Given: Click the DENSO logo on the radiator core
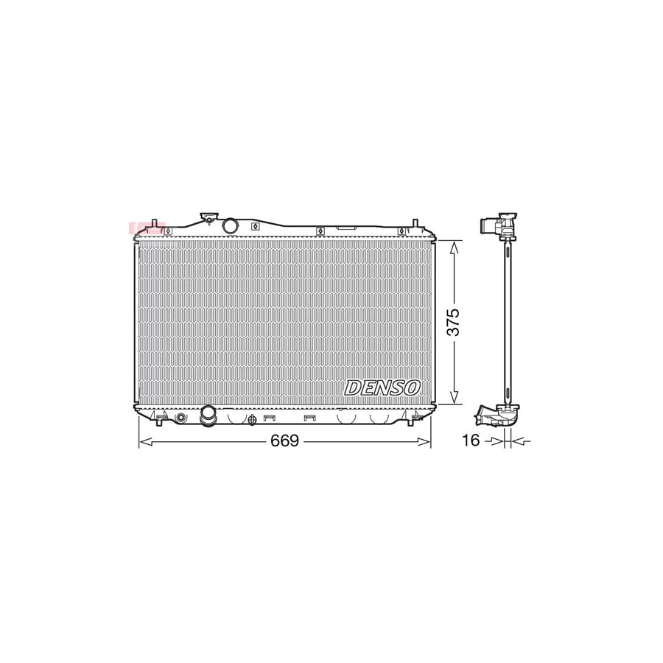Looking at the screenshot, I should pos(382,387).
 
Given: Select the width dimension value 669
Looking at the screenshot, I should pos(284,441).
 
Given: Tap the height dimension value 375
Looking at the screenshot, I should pos(455,322).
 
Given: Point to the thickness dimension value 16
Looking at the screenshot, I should pos(471,441).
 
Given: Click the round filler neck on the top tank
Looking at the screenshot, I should pos(230,226).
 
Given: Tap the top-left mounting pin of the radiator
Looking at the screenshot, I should pos(153,224).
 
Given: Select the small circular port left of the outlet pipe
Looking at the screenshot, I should pos(181,418).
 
